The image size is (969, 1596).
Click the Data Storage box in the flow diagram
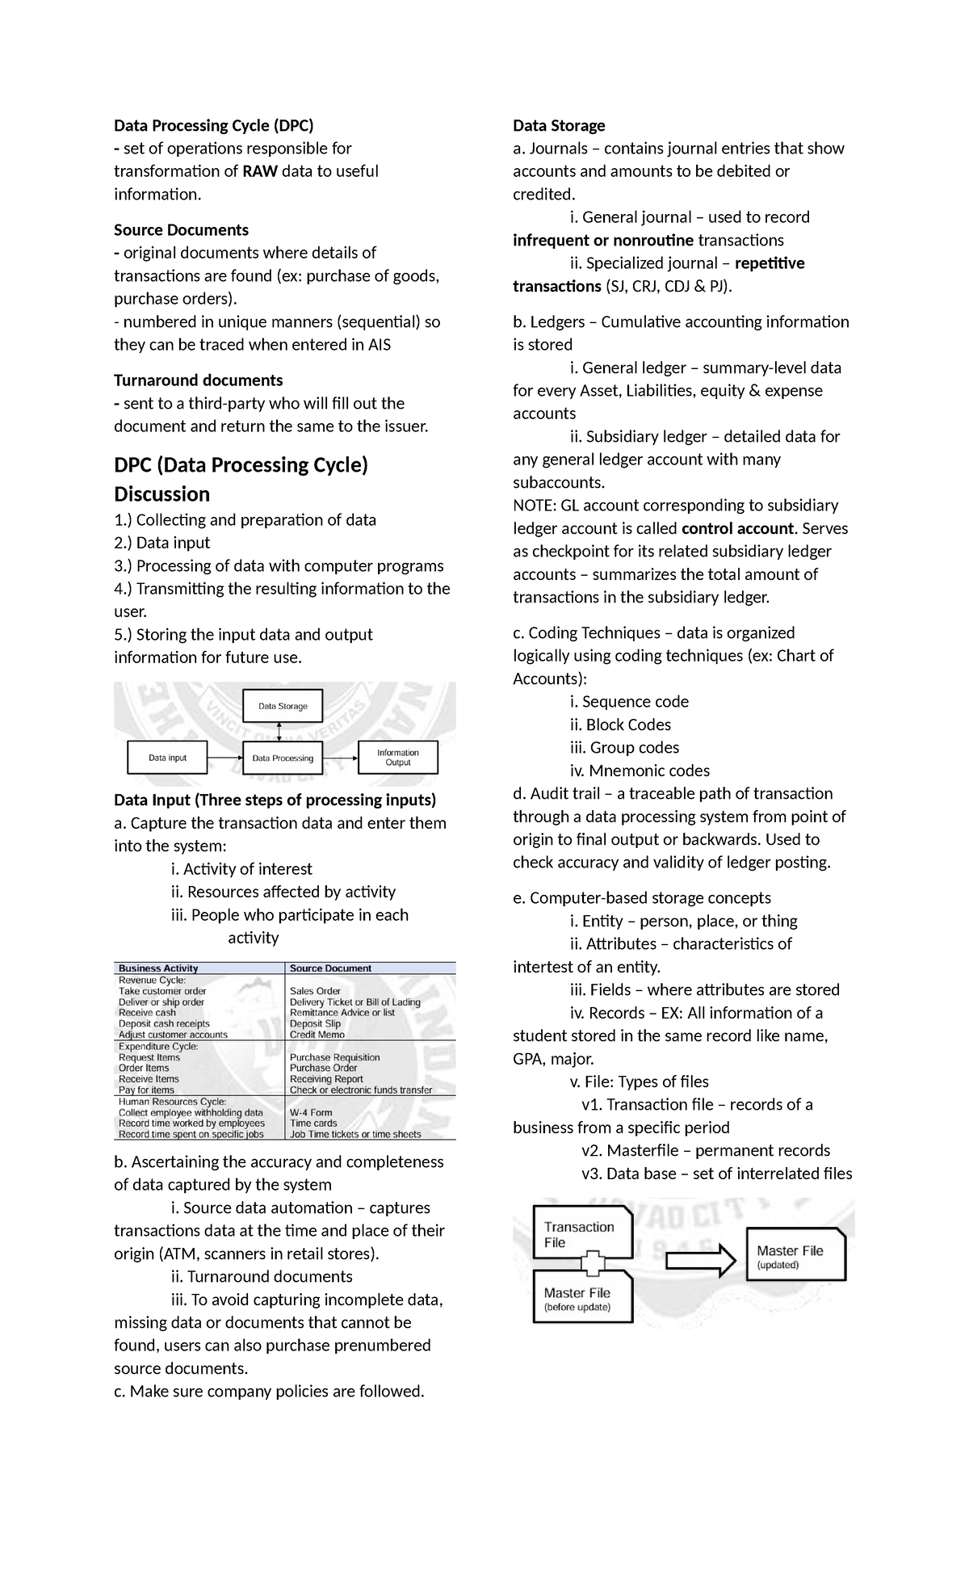[x=283, y=706]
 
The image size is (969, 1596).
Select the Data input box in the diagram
[x=168, y=758]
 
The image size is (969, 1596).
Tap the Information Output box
[x=398, y=758]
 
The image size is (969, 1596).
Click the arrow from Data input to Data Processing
[x=225, y=758]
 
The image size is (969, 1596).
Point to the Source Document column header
[x=330, y=968]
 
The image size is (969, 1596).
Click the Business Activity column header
[x=158, y=968]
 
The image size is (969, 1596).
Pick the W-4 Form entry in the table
[x=311, y=1112]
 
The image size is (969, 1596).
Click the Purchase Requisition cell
[x=334, y=1057]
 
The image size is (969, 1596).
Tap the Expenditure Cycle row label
[x=158, y=1046]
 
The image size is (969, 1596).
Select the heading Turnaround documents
[x=198, y=380]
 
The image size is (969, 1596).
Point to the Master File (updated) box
[x=795, y=1257]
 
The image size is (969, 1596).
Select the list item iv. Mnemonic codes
[x=640, y=771]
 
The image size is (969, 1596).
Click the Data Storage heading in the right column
[x=559, y=125]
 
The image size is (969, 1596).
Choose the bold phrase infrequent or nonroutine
[x=603, y=241]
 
